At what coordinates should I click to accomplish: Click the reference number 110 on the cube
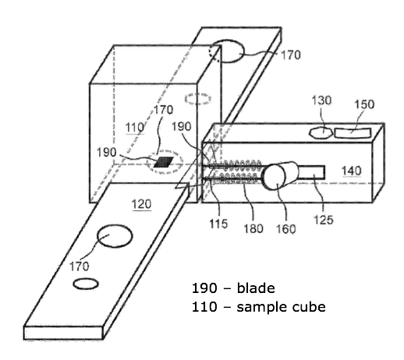click(135, 128)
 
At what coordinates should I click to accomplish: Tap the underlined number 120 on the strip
click(141, 204)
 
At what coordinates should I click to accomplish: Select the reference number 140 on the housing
click(352, 171)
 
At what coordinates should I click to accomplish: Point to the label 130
click(321, 101)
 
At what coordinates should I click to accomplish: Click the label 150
click(364, 104)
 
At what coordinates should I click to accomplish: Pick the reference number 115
click(218, 224)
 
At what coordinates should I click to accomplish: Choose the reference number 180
click(253, 228)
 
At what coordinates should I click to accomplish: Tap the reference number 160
click(285, 229)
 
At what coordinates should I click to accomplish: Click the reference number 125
click(324, 220)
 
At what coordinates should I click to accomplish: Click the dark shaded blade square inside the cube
click(164, 162)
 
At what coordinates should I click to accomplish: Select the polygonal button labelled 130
click(321, 132)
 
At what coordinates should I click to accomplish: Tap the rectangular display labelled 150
click(353, 133)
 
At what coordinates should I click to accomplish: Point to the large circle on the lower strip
click(115, 236)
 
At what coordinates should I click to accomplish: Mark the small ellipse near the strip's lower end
click(86, 284)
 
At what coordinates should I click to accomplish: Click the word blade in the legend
click(256, 288)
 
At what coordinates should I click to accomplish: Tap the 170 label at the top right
click(291, 55)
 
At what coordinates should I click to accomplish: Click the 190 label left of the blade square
click(106, 152)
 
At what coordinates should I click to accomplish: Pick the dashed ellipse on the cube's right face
click(198, 99)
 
